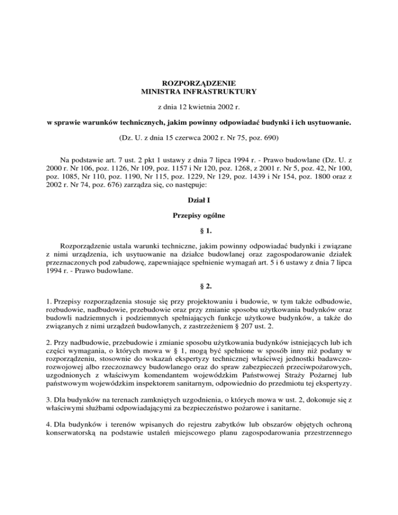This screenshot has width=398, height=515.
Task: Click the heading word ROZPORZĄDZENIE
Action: [x=199, y=82]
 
